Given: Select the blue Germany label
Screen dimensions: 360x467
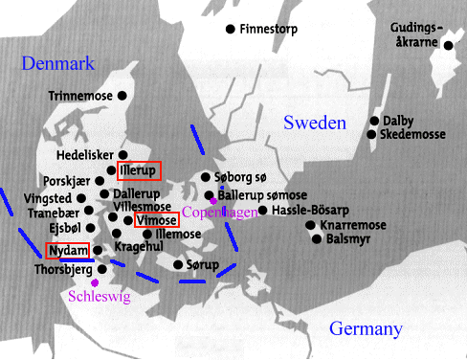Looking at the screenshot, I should [366, 328].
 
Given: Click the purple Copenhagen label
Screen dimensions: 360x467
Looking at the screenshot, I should [220, 211].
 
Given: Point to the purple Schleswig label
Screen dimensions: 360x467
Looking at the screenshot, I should [99, 296].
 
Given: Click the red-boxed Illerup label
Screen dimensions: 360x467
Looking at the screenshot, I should [140, 171].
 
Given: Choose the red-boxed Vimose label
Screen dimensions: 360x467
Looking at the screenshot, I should [156, 220].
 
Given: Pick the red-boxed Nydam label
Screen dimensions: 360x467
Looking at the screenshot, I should [68, 251].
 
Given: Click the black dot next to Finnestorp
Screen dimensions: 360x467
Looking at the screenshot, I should [230, 30].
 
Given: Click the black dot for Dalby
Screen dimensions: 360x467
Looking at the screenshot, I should [374, 122].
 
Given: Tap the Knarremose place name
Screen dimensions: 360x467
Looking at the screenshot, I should [350, 225].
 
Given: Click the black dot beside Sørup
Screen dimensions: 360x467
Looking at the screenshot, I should [178, 263].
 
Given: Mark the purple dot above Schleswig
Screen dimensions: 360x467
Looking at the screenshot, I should [94, 283].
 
